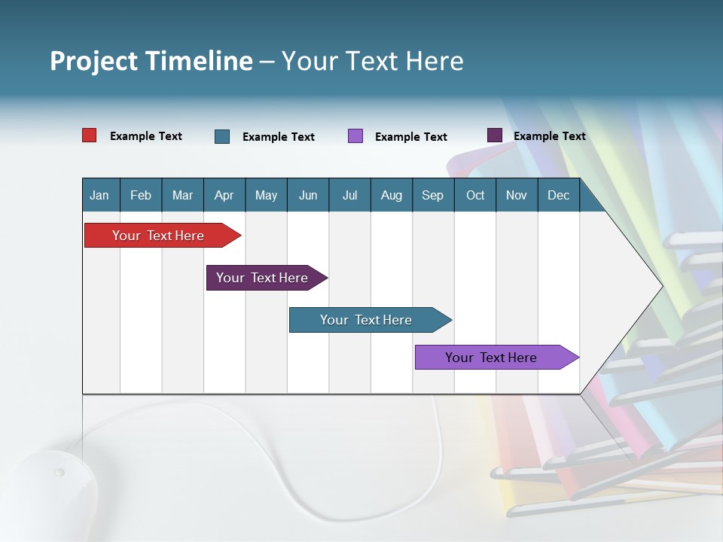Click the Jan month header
pyautogui.click(x=99, y=195)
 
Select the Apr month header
pyautogui.click(x=224, y=195)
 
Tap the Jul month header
pyautogui.click(x=349, y=195)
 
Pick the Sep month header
pyautogui.click(x=432, y=195)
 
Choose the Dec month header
pyautogui.click(x=558, y=195)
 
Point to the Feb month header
pyautogui.click(x=141, y=195)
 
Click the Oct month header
pyautogui.click(x=475, y=195)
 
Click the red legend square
pyautogui.click(x=90, y=135)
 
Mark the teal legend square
pyautogui.click(x=222, y=136)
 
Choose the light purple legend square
pyautogui.click(x=355, y=136)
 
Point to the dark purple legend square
pyautogui.click(x=495, y=135)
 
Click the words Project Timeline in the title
pyautogui.click(x=151, y=61)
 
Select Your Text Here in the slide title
pyautogui.click(x=373, y=61)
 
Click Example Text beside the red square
pyautogui.click(x=146, y=136)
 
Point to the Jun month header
pyautogui.click(x=308, y=195)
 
